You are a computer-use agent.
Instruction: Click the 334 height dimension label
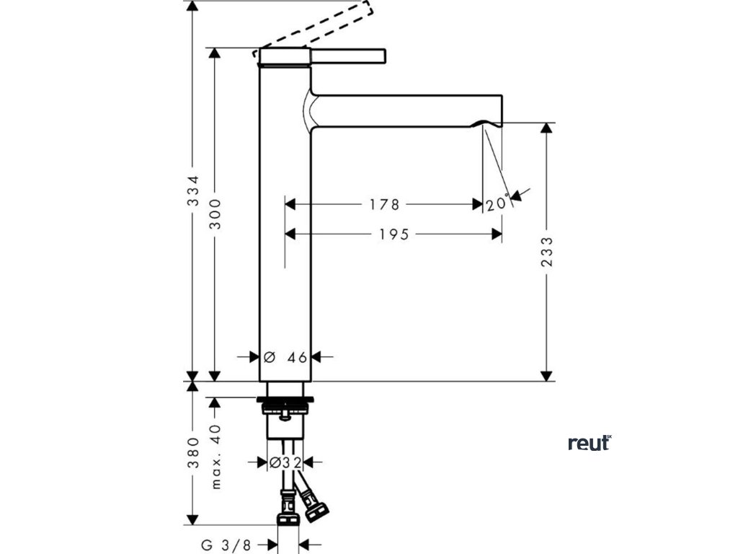(x=192, y=190)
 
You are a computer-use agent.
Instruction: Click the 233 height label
(x=547, y=252)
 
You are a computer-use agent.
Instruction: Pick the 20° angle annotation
(x=497, y=204)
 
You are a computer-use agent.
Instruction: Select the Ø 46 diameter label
(x=286, y=356)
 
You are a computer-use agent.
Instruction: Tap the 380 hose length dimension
(x=192, y=452)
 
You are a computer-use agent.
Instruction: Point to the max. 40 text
(x=215, y=457)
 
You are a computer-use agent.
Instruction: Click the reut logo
(x=590, y=443)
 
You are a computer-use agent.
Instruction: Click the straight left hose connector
(x=286, y=509)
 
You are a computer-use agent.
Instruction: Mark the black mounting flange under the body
(x=285, y=397)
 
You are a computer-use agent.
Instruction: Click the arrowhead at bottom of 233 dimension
(x=547, y=375)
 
